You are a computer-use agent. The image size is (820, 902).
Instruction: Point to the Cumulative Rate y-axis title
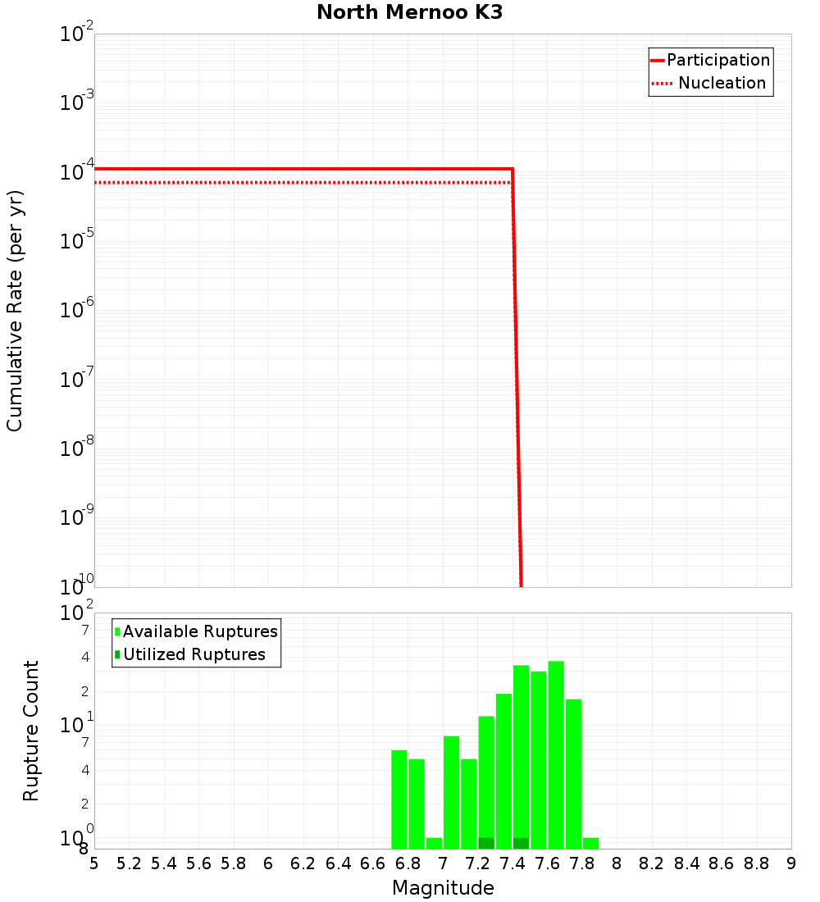pos(15,310)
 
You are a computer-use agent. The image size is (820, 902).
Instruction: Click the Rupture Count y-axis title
pos(31,731)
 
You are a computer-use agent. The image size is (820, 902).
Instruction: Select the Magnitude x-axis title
pos(443,888)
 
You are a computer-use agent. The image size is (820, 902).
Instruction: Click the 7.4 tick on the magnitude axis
pos(512,863)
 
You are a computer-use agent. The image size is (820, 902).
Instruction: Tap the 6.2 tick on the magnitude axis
pos(303,863)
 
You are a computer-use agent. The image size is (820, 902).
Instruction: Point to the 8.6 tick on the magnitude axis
pos(722,863)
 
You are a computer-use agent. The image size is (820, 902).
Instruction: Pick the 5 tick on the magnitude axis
pos(94,863)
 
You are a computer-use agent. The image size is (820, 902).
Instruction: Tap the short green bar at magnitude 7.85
pos(590,843)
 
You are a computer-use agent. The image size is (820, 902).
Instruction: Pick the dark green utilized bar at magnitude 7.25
pos(486,843)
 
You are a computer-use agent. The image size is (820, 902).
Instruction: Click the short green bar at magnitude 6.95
pos(434,843)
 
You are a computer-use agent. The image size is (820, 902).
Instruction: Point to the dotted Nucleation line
pos(287,182)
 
